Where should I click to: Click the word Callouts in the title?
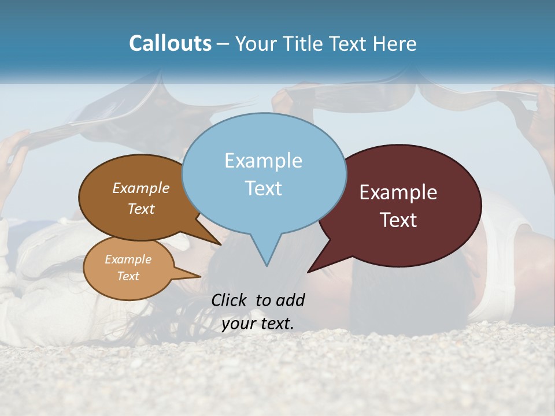tap(170, 43)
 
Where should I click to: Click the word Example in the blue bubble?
tap(263, 161)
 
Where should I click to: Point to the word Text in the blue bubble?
tap(263, 188)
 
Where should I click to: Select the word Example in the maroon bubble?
tap(398, 192)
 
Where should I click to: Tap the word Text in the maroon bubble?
tap(398, 220)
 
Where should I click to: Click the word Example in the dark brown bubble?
tap(140, 188)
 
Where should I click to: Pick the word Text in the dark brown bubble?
tap(140, 209)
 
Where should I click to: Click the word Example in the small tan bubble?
tap(128, 259)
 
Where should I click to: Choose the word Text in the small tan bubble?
tap(128, 276)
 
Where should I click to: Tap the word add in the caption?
tap(290, 300)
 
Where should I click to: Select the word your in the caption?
tap(238, 323)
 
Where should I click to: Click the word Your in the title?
tap(256, 43)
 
